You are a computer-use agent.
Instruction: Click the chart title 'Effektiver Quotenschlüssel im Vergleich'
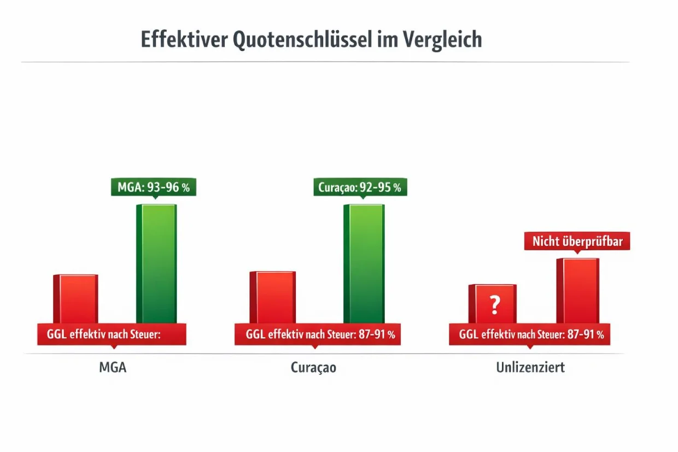click(311, 40)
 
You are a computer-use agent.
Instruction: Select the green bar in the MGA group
click(156, 262)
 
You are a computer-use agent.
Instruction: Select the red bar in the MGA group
click(75, 298)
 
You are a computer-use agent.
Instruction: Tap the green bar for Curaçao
click(364, 262)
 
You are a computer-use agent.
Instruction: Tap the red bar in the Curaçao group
click(272, 297)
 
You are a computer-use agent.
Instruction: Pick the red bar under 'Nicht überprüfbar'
click(577, 290)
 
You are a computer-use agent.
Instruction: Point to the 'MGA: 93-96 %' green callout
click(154, 187)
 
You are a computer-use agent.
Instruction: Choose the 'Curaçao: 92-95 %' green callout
click(360, 187)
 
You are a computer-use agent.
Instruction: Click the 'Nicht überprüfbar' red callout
click(577, 241)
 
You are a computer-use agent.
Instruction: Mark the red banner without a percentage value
click(112, 334)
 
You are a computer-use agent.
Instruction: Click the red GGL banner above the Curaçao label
click(318, 334)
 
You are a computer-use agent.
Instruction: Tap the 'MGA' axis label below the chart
click(113, 367)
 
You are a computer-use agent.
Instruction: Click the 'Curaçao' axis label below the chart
click(313, 367)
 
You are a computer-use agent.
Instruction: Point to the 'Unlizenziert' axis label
click(530, 367)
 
